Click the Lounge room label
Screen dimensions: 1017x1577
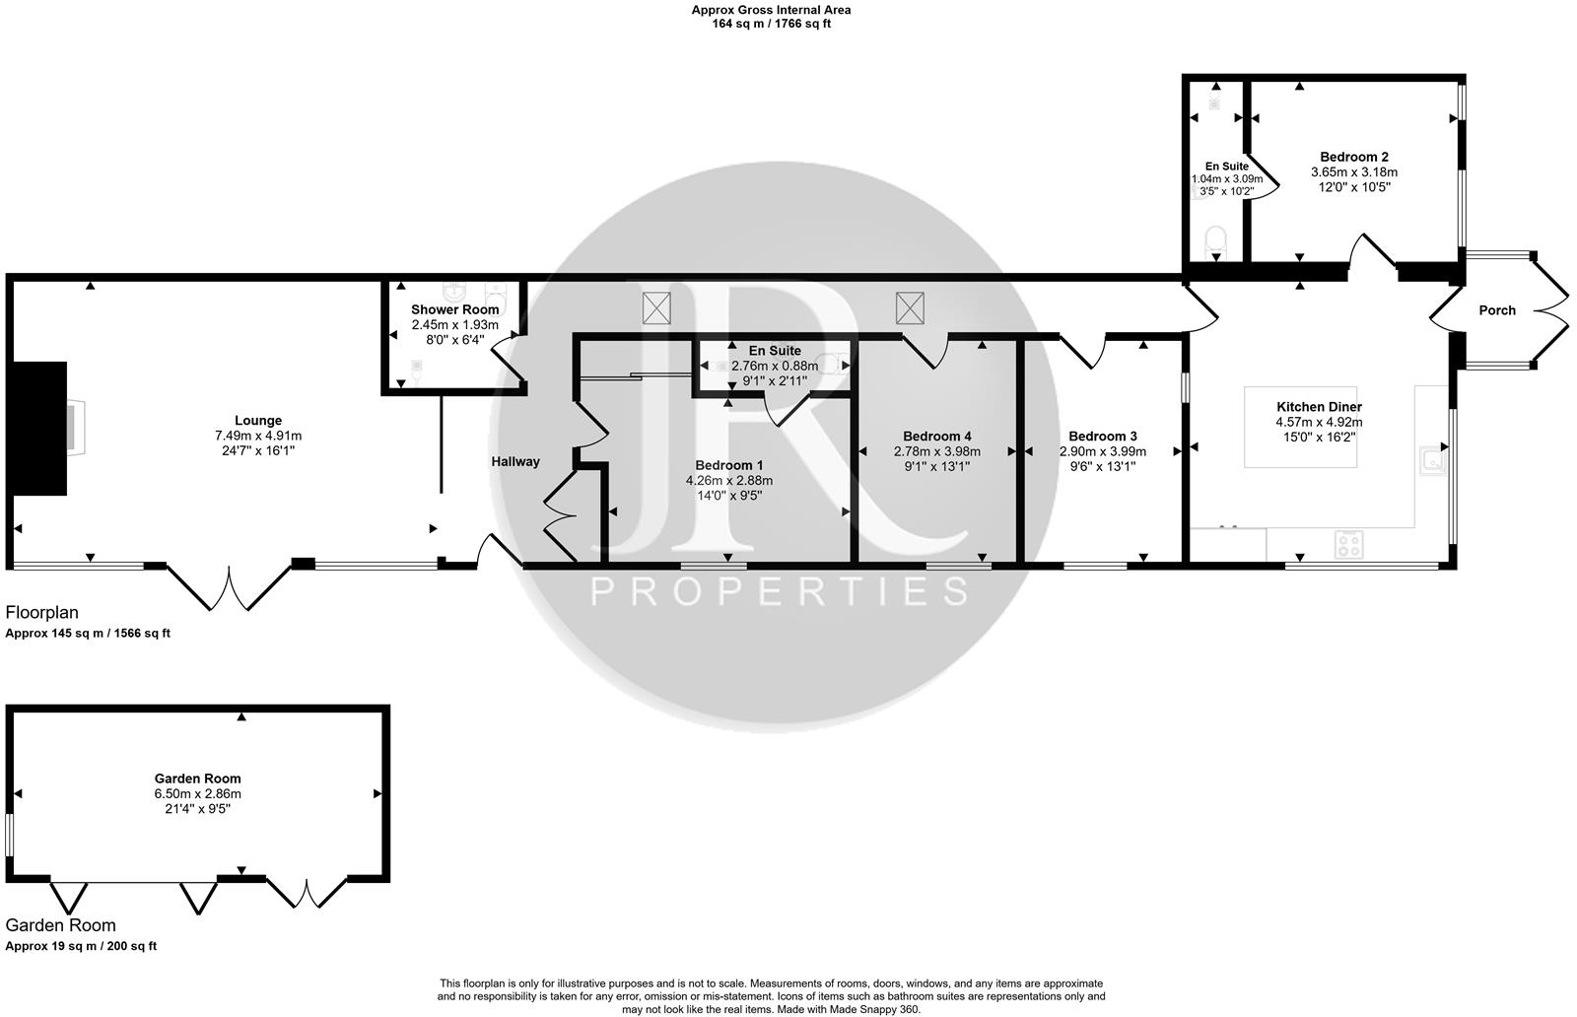pos(258,421)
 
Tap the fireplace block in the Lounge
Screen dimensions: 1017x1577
pos(39,428)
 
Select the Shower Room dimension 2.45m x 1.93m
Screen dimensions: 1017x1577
pos(454,324)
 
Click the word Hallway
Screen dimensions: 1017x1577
pos(515,461)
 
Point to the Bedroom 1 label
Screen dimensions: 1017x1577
pos(728,465)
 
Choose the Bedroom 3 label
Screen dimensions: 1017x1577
pos(1102,437)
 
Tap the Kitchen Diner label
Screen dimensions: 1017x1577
pos(1319,407)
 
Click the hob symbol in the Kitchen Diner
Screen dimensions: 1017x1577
pos(1348,544)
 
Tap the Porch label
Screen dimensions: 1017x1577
pos(1496,310)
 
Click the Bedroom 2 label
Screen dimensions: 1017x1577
pos(1354,157)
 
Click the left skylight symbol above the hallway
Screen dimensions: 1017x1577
pos(656,308)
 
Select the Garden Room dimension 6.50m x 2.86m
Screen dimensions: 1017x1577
pos(197,793)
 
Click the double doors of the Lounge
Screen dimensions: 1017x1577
pos(231,588)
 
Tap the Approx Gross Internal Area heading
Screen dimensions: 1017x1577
pos(771,10)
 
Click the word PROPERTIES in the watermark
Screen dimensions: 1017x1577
pos(779,591)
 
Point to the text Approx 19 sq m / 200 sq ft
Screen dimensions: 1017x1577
pos(81,946)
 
